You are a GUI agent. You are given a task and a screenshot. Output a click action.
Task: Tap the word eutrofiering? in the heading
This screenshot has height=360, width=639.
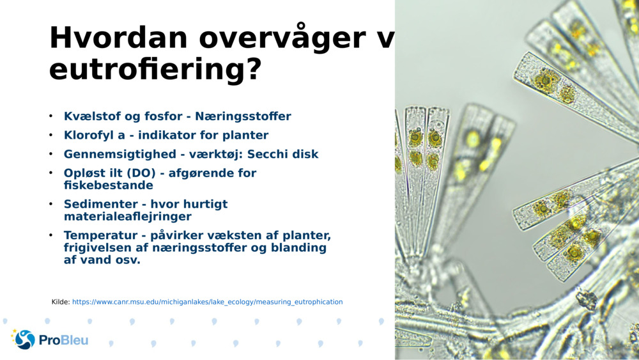click(x=155, y=68)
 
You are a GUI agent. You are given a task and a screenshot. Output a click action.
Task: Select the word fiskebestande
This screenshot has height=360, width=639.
click(x=109, y=185)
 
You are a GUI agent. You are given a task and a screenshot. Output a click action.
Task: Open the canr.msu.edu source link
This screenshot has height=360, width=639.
click(x=207, y=302)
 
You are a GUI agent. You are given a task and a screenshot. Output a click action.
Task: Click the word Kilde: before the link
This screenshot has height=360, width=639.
click(x=61, y=302)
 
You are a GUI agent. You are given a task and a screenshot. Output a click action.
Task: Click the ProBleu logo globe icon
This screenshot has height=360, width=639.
click(x=24, y=339)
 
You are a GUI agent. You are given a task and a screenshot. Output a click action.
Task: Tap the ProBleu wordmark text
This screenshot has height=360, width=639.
click(x=64, y=340)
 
